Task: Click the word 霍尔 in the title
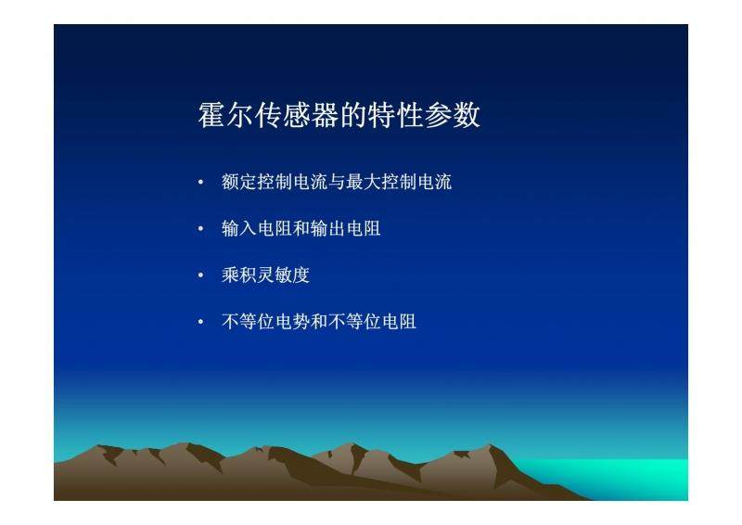pyautogui.click(x=226, y=115)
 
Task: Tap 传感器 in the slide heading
pyautogui.click(x=297, y=115)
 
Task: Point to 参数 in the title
pyautogui.click(x=453, y=115)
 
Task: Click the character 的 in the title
pyautogui.click(x=353, y=115)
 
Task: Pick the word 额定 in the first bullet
pyautogui.click(x=239, y=182)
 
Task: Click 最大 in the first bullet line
pyautogui.click(x=364, y=182)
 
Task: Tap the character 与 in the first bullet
pyautogui.click(x=337, y=182)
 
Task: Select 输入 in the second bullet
pyautogui.click(x=239, y=229)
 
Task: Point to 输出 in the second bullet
pyautogui.click(x=328, y=229)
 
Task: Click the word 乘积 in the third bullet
pyautogui.click(x=239, y=275)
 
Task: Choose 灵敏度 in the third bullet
pyautogui.click(x=284, y=275)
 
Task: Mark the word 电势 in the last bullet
pyautogui.click(x=292, y=322)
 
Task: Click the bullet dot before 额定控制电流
pyautogui.click(x=200, y=182)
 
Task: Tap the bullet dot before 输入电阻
pyautogui.click(x=200, y=229)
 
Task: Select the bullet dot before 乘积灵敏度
pyautogui.click(x=200, y=275)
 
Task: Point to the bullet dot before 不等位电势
pyautogui.click(x=200, y=323)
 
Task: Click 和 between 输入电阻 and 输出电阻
pyautogui.click(x=301, y=229)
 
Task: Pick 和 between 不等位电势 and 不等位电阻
pyautogui.click(x=319, y=322)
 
